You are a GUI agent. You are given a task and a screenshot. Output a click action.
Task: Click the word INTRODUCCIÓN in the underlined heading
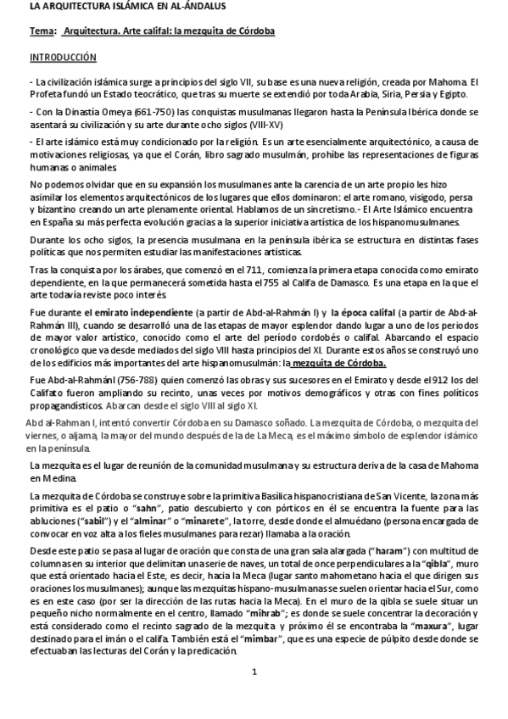64,58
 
